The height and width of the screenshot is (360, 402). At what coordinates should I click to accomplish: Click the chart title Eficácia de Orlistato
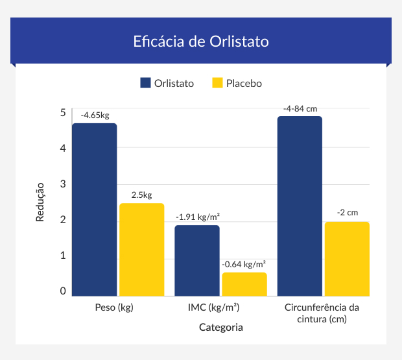point(201,41)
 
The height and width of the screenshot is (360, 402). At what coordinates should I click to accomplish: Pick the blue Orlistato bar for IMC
point(197,260)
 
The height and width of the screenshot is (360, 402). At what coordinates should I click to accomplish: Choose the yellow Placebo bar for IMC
point(244,284)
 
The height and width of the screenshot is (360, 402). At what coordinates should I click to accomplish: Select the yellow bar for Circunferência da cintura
point(347,259)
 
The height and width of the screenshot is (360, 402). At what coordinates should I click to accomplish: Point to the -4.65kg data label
point(95,115)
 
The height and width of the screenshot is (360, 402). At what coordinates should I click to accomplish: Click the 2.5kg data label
point(141,195)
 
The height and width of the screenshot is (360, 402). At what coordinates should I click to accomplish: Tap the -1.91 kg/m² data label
point(198,217)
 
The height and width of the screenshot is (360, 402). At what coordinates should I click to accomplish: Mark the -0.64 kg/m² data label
point(244,265)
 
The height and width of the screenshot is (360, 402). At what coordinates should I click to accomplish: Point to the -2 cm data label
point(347,213)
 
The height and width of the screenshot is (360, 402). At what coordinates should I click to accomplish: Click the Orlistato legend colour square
point(146,83)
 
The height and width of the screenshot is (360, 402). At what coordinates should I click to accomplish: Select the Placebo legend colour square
point(217,83)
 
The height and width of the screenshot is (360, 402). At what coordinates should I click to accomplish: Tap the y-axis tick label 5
point(63,112)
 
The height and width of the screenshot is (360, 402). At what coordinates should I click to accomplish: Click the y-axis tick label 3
point(63,184)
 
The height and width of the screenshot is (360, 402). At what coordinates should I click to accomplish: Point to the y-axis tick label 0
point(63,291)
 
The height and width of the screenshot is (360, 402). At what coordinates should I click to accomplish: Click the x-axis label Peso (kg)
point(114,307)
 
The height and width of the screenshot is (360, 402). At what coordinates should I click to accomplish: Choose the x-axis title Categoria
point(220,328)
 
